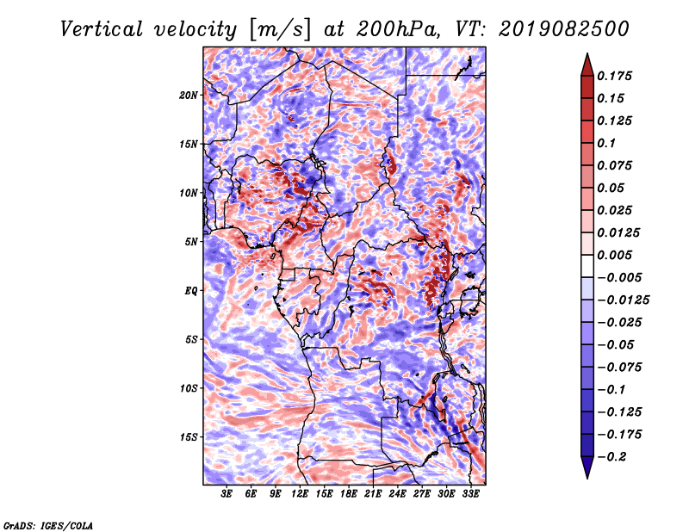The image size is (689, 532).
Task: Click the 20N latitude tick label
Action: (x=188, y=95)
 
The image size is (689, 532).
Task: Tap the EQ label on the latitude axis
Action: (x=190, y=291)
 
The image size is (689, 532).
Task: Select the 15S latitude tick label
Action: (x=189, y=437)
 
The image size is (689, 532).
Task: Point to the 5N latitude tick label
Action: (x=191, y=242)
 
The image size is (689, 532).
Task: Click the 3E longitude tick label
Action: (x=227, y=494)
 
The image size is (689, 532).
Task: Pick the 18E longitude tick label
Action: (x=349, y=494)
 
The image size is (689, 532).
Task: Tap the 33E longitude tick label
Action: (x=470, y=494)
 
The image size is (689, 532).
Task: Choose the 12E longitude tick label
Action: (x=300, y=494)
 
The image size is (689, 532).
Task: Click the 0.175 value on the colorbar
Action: (x=614, y=76)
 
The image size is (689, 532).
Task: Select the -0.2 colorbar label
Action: (x=611, y=457)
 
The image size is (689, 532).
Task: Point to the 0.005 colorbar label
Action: (x=614, y=255)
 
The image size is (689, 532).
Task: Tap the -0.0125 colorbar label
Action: (x=623, y=300)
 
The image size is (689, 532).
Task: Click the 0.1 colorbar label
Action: (x=606, y=143)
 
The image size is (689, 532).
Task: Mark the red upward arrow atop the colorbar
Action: (x=587, y=65)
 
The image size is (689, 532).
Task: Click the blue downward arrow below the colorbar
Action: (x=587, y=467)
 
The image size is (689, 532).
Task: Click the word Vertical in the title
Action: (x=102, y=29)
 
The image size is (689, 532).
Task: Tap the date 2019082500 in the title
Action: (x=564, y=29)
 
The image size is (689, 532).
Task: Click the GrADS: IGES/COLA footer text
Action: (x=48, y=526)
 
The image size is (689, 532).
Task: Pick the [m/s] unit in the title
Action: (x=280, y=30)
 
